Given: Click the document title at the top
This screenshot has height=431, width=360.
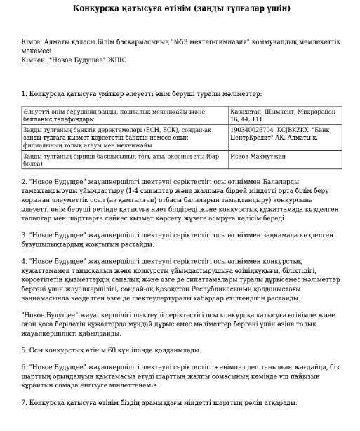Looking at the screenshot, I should (180, 8).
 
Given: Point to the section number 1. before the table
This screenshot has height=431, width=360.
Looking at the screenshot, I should (25, 93).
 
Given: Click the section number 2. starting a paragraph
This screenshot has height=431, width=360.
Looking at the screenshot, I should (25, 180).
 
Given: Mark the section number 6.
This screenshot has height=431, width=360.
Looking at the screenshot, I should (25, 367).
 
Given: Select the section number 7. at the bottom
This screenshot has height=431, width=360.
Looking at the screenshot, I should (25, 403).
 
